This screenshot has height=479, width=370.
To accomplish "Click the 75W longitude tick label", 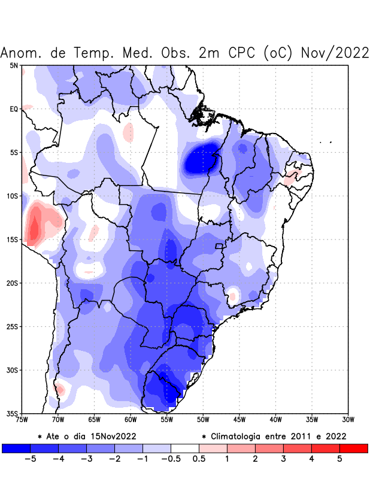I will click(x=22, y=420).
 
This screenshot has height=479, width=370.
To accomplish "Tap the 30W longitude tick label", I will click(x=348, y=420).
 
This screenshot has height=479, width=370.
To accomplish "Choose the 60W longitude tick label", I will click(x=131, y=420).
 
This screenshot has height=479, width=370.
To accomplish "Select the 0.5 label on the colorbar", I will click(x=199, y=459).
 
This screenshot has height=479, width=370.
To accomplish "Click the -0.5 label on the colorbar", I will click(x=170, y=459).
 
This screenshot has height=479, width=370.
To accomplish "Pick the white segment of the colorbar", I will click(x=184, y=448).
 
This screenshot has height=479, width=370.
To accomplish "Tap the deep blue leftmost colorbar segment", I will click(x=16, y=448).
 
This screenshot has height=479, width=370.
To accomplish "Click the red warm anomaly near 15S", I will click(x=35, y=226).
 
